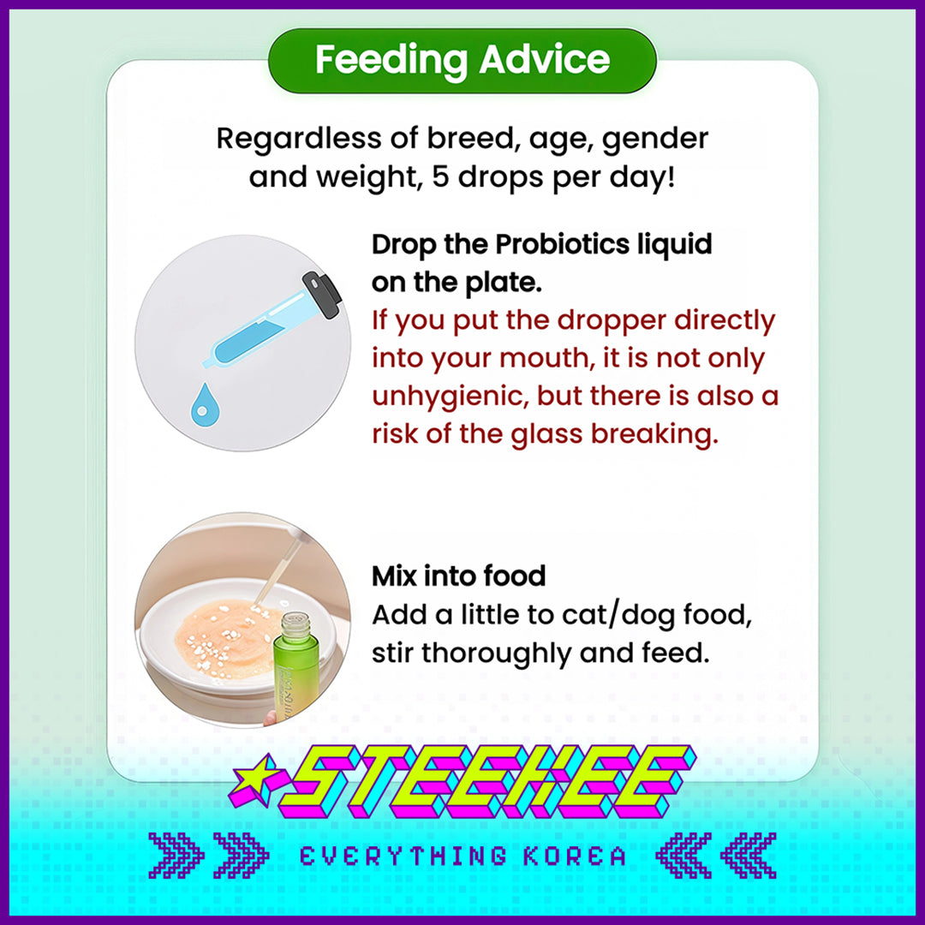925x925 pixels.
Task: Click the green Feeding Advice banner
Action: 462,60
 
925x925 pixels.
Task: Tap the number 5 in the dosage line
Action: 441,176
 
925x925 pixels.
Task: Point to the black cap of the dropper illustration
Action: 322,294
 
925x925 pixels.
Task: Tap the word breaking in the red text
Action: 654,434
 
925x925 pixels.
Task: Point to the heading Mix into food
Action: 458,576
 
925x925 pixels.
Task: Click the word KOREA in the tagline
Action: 575,856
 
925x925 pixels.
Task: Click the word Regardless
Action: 299,139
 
